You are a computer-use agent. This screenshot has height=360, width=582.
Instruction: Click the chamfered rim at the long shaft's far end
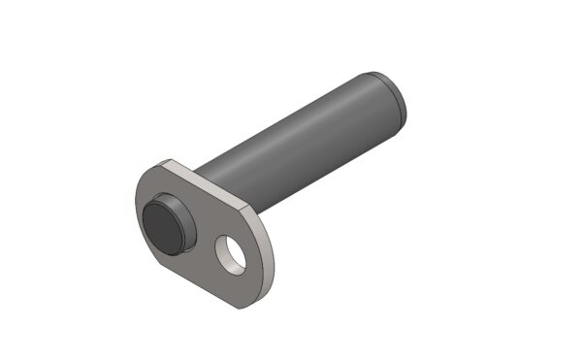point(399,101)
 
